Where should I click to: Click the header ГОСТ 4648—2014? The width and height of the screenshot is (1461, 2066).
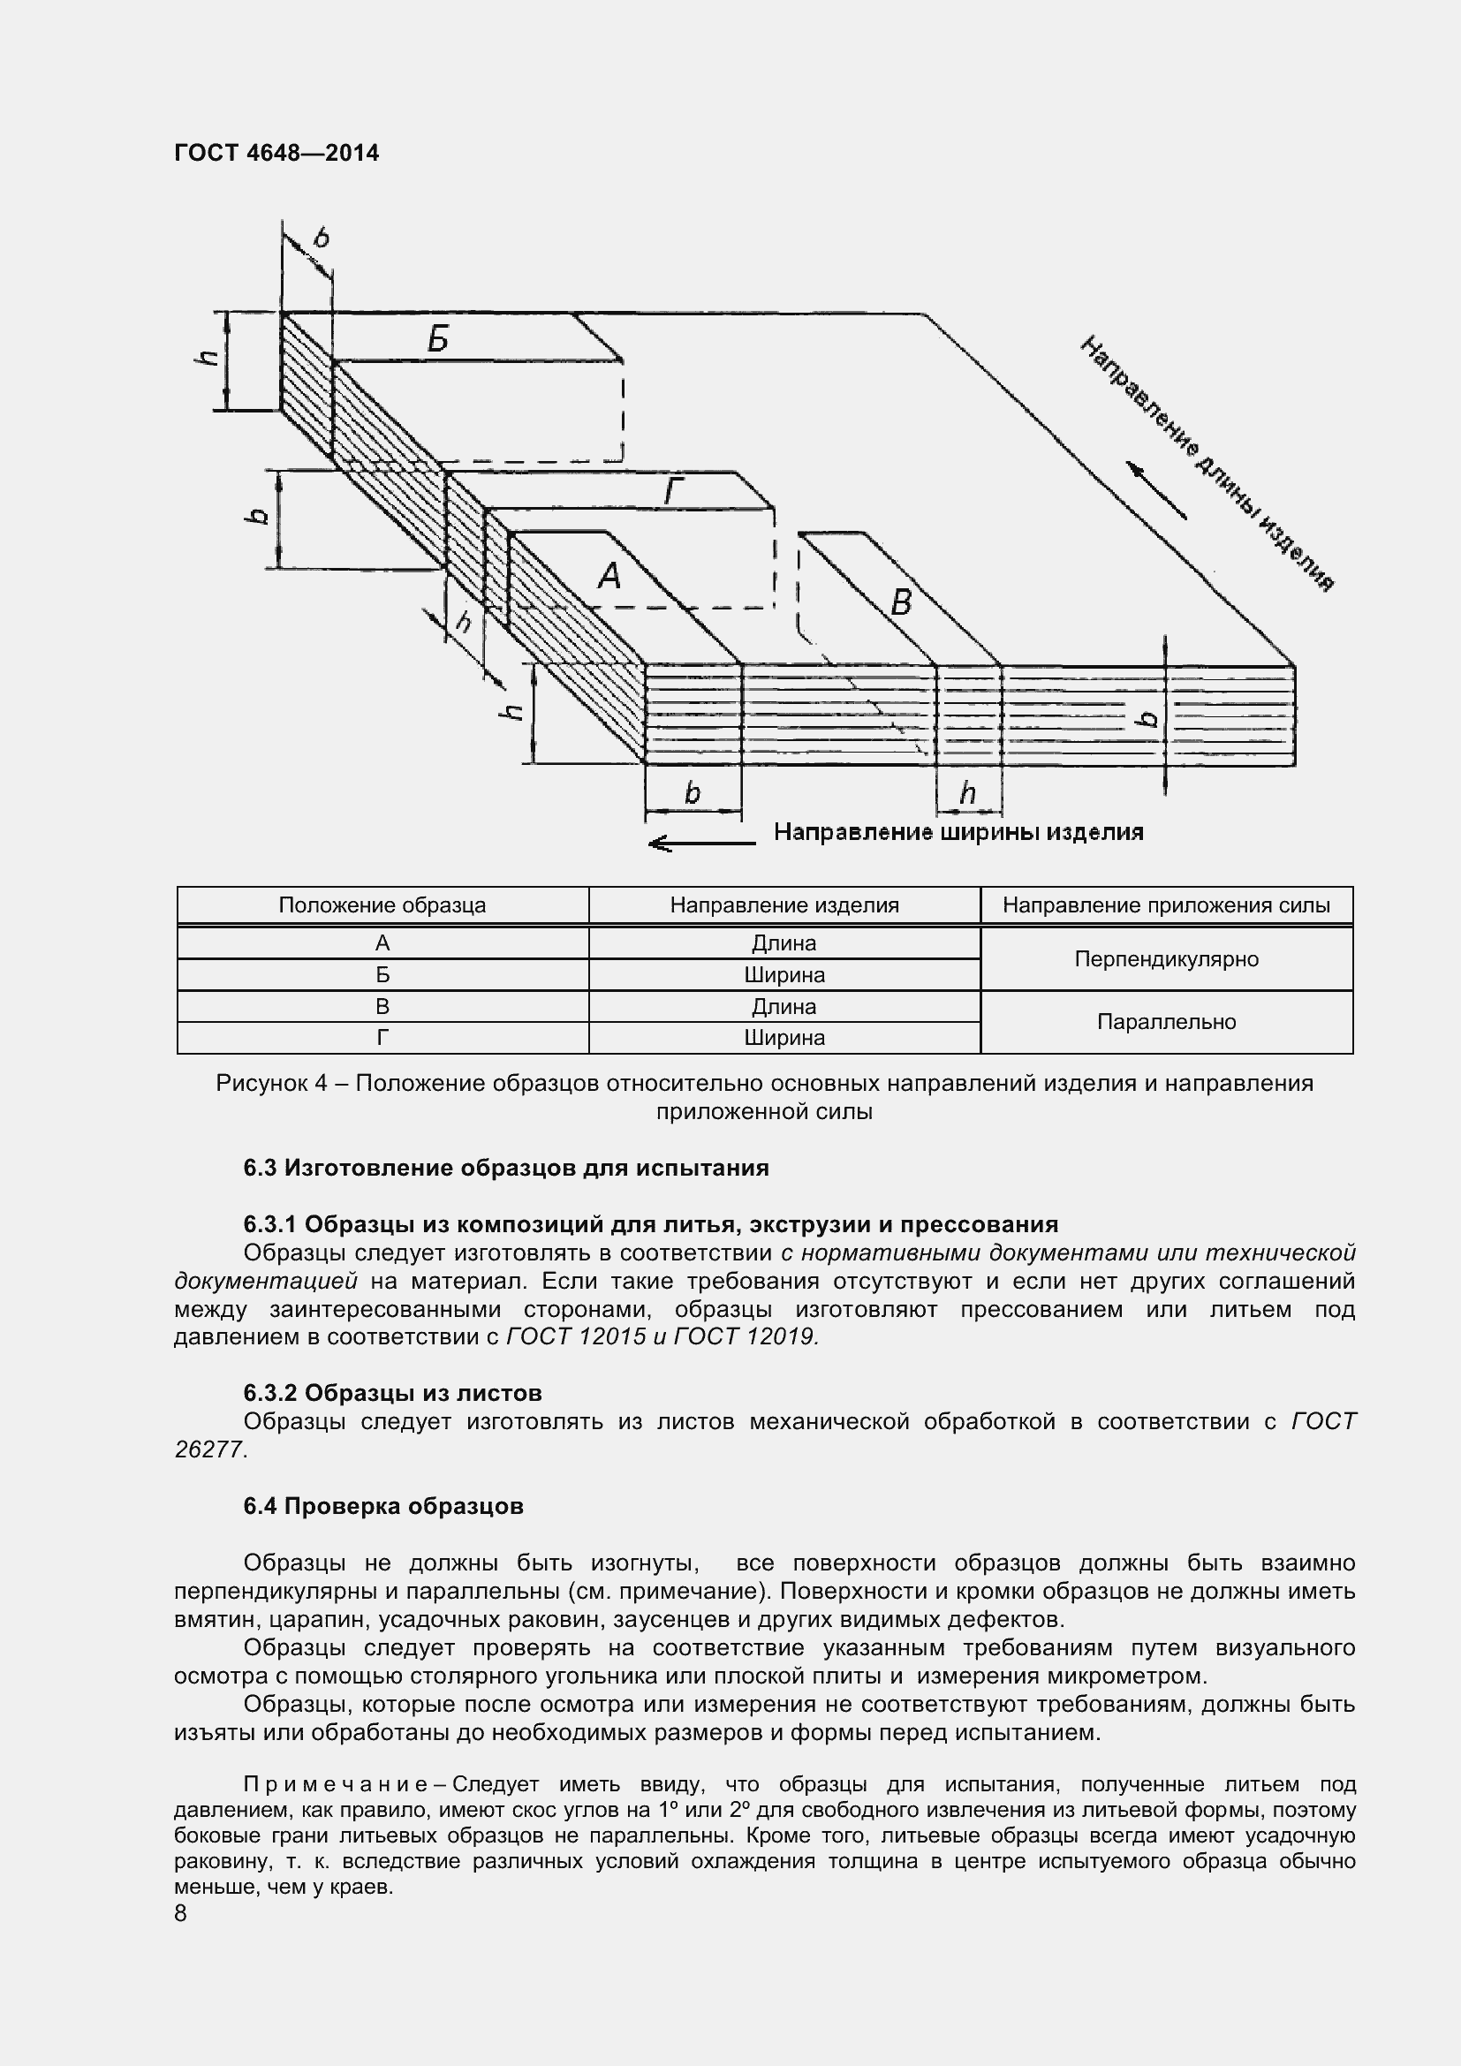point(276,153)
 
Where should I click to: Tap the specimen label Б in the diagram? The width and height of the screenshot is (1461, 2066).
point(437,339)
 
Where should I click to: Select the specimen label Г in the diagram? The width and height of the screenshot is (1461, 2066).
point(674,492)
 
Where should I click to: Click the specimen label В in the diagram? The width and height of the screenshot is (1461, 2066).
point(900,602)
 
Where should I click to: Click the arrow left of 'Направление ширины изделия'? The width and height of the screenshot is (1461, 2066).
point(701,844)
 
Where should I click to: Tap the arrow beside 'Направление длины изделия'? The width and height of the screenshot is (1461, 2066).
point(1156,490)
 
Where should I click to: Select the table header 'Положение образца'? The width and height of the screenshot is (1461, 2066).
point(382,905)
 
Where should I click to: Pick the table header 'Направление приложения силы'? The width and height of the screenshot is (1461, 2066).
point(1166,905)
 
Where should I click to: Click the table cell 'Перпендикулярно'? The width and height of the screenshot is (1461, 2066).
point(1166,959)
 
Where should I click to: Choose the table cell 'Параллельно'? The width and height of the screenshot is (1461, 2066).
point(1166,1022)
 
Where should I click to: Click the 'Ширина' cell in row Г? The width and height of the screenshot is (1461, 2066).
point(784,1038)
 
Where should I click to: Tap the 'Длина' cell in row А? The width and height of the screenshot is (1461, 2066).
point(784,943)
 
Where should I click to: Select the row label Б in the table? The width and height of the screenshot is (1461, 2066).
point(382,974)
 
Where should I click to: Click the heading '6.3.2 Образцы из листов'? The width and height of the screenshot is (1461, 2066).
point(392,1393)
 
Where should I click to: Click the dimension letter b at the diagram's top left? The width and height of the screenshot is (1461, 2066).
point(322,238)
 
